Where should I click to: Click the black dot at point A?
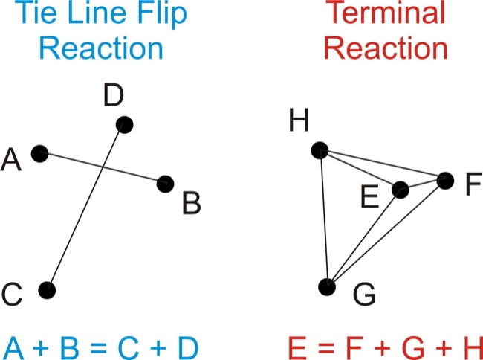tap(40, 153)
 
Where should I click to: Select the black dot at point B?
tap(166, 183)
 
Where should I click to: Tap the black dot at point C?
tap(48, 289)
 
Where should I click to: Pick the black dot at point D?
tap(124, 124)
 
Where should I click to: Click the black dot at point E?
tap(401, 189)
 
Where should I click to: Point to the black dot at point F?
tap(445, 179)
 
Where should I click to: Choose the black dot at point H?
tap(320, 150)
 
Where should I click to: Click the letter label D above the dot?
tap(114, 96)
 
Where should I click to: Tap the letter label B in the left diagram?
tap(191, 202)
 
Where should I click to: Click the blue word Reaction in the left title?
tap(101, 49)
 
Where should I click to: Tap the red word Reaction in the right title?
tap(386, 49)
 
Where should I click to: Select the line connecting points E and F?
tap(423, 184)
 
